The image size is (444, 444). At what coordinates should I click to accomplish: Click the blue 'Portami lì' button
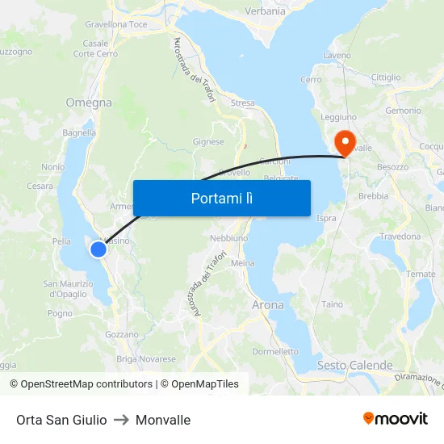221,198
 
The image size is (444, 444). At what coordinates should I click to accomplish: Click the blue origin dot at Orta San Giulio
98,249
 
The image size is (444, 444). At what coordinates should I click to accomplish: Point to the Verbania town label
266,11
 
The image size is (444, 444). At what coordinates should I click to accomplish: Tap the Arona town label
268,305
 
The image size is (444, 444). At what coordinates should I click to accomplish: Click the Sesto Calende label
354,366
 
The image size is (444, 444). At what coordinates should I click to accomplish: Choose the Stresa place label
242,103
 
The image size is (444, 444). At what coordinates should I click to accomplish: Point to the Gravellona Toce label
116,25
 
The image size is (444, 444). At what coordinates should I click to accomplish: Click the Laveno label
337,56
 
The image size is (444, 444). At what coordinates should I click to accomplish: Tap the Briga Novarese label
146,359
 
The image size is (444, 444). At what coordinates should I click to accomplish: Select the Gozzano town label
122,334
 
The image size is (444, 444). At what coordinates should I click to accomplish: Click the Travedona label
400,237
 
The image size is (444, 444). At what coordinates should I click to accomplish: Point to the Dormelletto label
275,352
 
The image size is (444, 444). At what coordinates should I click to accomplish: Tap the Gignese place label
208,141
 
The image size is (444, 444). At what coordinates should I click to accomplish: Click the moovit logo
395,419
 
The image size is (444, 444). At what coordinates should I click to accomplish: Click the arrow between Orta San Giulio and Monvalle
121,420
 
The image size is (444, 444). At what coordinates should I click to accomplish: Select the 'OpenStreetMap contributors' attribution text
86,384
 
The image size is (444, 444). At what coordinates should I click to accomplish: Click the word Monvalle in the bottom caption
163,420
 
